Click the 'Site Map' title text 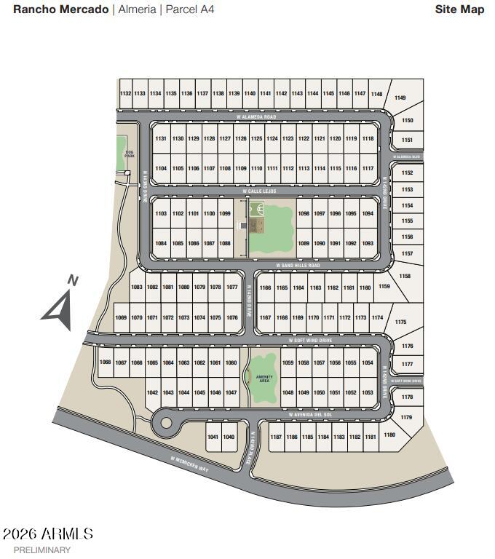[459, 9]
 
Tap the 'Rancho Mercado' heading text [61, 9]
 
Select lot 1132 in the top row [125, 94]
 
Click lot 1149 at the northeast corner [400, 98]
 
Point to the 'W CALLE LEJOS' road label [260, 191]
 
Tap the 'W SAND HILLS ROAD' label [298, 266]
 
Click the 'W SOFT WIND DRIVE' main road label [310, 340]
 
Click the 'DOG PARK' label [130, 154]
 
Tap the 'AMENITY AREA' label [264, 378]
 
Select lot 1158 [405, 277]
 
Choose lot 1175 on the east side [400, 322]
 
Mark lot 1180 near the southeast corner [389, 435]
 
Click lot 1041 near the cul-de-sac [213, 437]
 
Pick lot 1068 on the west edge [105, 362]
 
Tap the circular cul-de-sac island [166, 422]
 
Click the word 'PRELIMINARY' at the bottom [42, 550]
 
